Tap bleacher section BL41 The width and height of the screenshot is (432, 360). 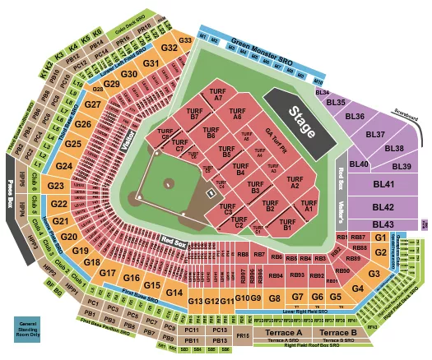382,186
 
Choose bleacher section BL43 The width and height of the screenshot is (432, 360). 383,224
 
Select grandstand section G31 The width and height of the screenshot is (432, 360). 151,63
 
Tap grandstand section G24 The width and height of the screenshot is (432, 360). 65,167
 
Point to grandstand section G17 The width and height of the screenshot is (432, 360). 109,272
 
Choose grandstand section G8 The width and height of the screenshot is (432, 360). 275,298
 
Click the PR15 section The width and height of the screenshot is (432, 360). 243,336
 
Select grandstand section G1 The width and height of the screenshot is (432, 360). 379,238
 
